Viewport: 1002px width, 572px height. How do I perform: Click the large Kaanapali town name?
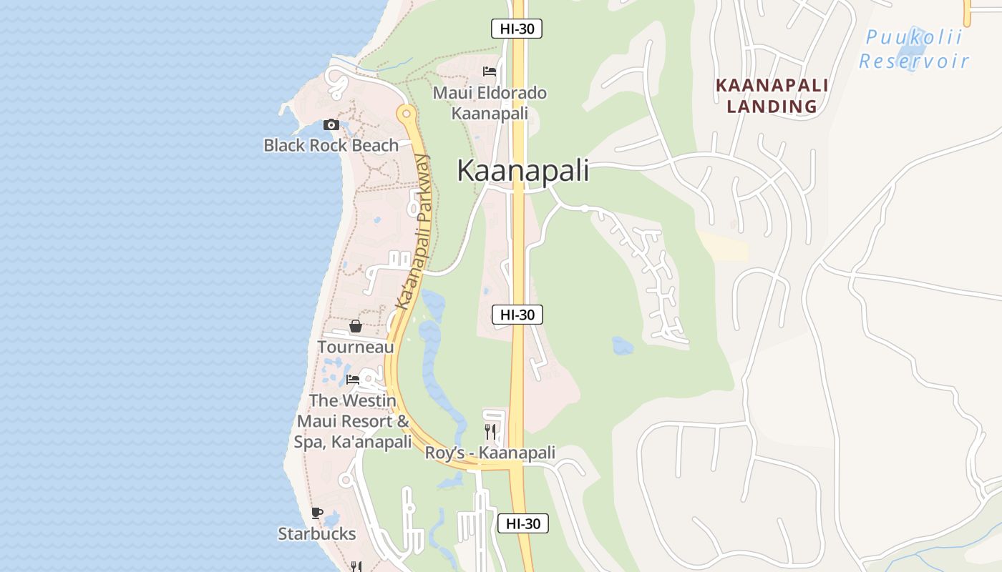(x=522, y=171)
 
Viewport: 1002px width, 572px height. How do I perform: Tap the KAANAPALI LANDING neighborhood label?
(x=772, y=96)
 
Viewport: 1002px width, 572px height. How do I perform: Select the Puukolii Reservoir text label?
(x=914, y=49)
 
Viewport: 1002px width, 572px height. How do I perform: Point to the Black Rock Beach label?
(x=331, y=145)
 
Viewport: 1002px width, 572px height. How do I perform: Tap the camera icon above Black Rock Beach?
(x=331, y=125)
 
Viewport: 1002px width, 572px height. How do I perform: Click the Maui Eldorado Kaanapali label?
(x=490, y=103)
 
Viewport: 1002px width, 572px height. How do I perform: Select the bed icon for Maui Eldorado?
(x=490, y=71)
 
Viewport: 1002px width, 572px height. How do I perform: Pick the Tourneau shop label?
(x=355, y=347)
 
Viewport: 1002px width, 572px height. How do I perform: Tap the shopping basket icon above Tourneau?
(x=356, y=327)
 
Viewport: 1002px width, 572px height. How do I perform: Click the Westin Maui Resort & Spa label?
(x=353, y=421)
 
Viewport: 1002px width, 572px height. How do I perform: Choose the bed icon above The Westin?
(x=353, y=380)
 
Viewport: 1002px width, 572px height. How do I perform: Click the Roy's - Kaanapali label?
(x=490, y=453)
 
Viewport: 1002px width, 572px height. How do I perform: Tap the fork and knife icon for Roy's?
(x=490, y=431)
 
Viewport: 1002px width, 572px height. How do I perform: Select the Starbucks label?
(x=316, y=533)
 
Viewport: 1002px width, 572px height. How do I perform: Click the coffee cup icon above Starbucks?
(x=317, y=513)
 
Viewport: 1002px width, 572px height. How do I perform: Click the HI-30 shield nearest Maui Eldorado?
(x=516, y=29)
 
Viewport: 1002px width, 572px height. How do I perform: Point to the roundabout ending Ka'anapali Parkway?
(x=407, y=113)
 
